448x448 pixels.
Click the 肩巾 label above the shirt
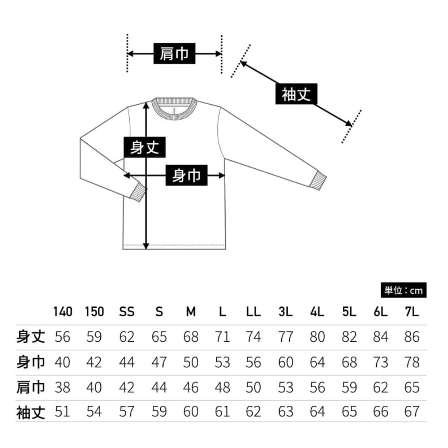point(174,53)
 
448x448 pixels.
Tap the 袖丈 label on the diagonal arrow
point(296,94)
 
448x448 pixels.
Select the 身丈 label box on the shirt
point(144,147)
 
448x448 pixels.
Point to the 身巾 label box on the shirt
point(186,175)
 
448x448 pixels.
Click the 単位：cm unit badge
point(403,290)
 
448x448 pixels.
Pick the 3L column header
point(285,312)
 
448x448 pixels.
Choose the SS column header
point(127,312)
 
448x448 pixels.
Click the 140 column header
point(63,312)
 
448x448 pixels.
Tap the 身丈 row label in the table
point(31,337)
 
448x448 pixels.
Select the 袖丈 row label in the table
point(31,412)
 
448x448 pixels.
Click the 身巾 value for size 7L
point(412,362)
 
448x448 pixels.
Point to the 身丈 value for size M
point(191,337)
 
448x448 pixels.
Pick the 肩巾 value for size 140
point(62,387)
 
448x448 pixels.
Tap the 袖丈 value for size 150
point(94,412)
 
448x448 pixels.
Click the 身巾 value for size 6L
point(380,362)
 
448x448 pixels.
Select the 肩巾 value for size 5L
point(349,387)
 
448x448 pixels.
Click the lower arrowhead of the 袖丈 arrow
point(349,123)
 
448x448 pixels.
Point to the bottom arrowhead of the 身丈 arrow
point(146,246)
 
